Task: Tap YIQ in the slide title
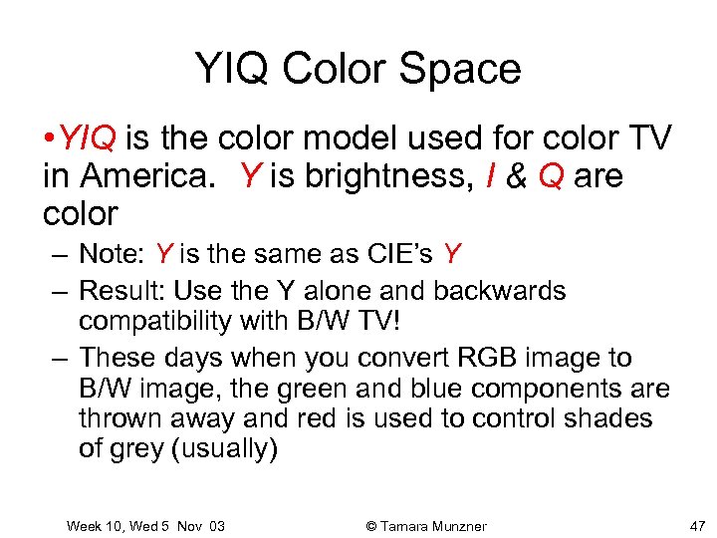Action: (x=233, y=69)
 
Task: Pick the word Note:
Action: (x=112, y=255)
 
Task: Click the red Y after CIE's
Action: (x=452, y=255)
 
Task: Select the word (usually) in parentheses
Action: (x=225, y=449)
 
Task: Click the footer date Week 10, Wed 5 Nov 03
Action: (x=145, y=525)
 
